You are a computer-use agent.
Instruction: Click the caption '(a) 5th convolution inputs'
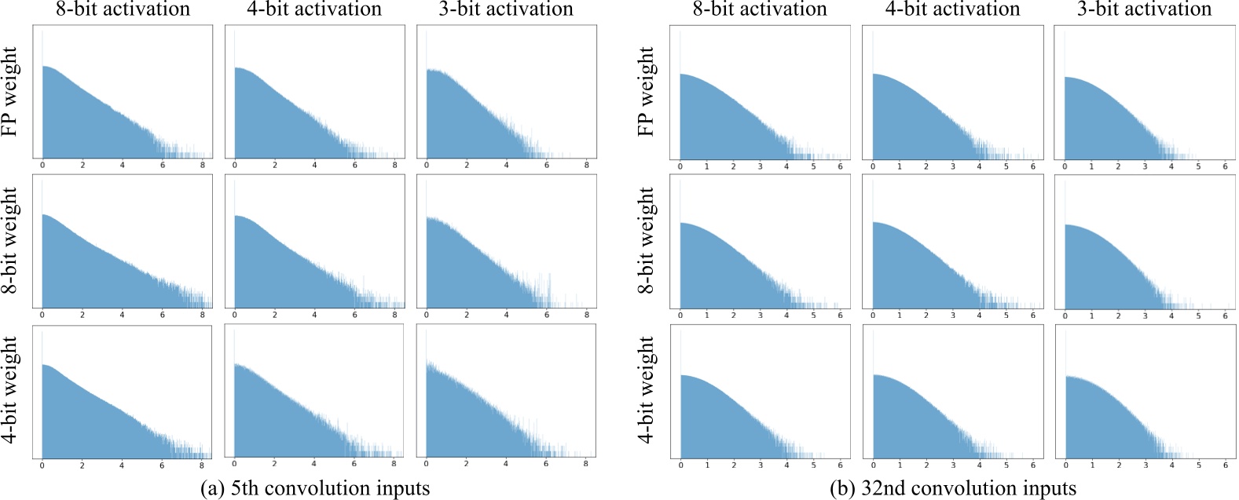pyautogui.click(x=316, y=488)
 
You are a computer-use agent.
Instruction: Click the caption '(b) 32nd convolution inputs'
pyautogui.click(x=952, y=488)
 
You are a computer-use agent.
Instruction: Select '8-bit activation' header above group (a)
pyautogui.click(x=123, y=9)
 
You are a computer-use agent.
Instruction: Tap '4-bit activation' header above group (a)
pyautogui.click(x=314, y=9)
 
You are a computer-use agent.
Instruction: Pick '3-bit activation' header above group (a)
pyautogui.click(x=506, y=9)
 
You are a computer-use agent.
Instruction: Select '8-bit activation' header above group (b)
pyautogui.click(x=760, y=9)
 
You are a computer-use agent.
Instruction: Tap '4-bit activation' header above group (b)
pyautogui.click(x=952, y=9)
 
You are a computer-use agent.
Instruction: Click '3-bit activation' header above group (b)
pyautogui.click(x=1144, y=9)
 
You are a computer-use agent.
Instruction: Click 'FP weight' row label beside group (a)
pyautogui.click(x=11, y=91)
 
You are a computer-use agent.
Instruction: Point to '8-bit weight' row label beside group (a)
pyautogui.click(x=11, y=241)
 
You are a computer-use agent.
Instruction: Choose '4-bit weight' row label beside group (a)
pyautogui.click(x=11, y=389)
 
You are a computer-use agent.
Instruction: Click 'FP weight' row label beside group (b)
pyautogui.click(x=647, y=91)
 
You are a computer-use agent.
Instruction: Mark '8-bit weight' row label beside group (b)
pyautogui.click(x=647, y=241)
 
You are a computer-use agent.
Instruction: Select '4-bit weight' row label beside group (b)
pyautogui.click(x=647, y=389)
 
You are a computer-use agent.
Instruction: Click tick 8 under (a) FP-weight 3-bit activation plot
pyautogui.click(x=586, y=166)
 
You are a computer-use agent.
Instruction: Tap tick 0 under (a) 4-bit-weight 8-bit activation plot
pyautogui.click(x=42, y=465)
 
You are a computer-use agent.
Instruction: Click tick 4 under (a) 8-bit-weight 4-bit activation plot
pyautogui.click(x=314, y=316)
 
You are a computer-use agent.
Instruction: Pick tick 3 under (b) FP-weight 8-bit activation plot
pyautogui.click(x=760, y=166)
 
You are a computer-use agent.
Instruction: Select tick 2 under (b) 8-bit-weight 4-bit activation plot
pyautogui.click(x=926, y=316)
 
